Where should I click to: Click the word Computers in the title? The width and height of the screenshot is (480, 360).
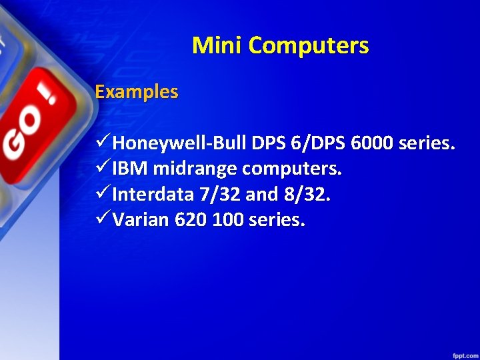(310, 45)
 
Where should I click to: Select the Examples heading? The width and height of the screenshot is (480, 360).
(137, 91)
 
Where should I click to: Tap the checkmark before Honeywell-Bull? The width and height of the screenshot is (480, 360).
(103, 143)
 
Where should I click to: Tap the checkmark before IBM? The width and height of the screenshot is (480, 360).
(103, 169)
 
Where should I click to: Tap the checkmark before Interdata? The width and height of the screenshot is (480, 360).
(103, 195)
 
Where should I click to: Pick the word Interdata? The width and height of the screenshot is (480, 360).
(154, 195)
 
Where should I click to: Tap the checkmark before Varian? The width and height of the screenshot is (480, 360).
(103, 220)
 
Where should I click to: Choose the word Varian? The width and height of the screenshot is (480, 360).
(141, 220)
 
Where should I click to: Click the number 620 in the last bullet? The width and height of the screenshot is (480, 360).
(191, 220)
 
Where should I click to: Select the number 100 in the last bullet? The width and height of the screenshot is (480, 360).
(227, 220)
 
